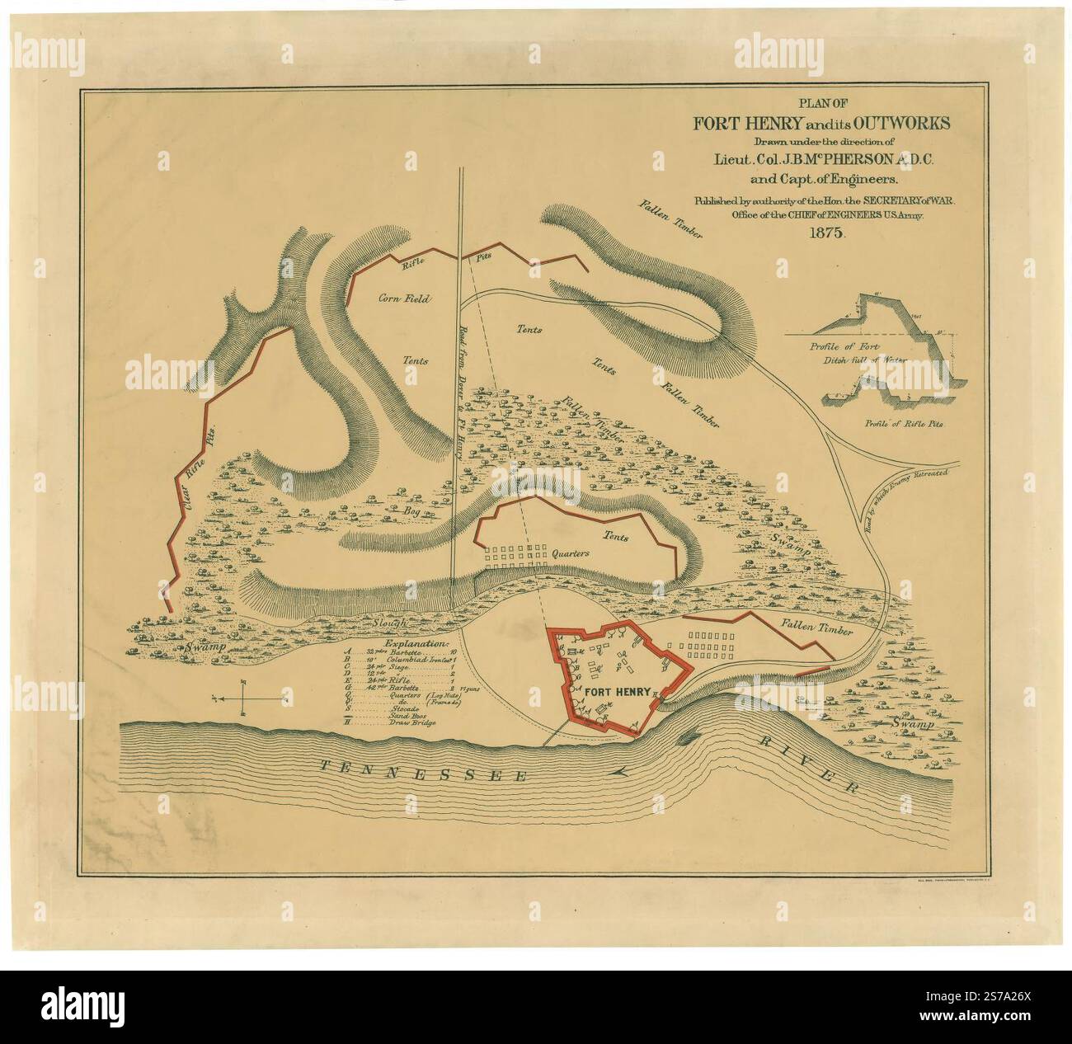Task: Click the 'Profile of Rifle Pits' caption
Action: point(904,423)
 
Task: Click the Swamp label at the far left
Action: point(205,650)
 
